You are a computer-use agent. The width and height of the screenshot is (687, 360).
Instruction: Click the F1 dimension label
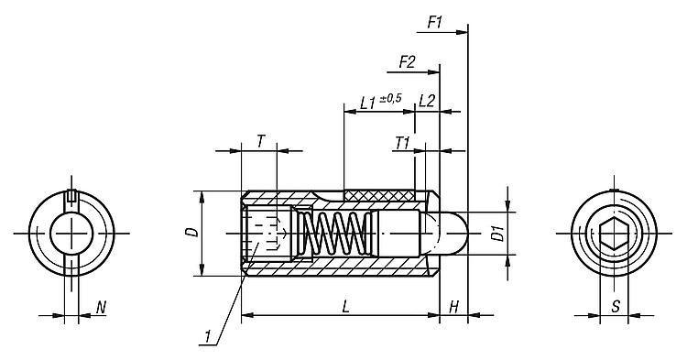pyautogui.click(x=435, y=22)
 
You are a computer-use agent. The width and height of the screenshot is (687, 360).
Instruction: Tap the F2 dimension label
pyautogui.click(x=407, y=62)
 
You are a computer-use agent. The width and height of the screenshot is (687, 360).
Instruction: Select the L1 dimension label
pyautogui.click(x=368, y=104)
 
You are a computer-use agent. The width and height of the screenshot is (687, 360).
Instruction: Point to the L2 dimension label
pyautogui.click(x=427, y=101)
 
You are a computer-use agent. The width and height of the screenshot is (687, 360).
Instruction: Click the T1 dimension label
pyautogui.click(x=402, y=143)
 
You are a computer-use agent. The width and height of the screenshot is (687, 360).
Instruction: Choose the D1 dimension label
pyautogui.click(x=497, y=233)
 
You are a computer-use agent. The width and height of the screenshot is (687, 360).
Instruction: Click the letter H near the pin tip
pyautogui.click(x=454, y=307)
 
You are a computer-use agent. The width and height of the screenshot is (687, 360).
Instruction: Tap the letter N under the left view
pyautogui.click(x=101, y=308)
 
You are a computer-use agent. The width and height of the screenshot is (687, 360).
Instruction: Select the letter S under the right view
pyautogui.click(x=616, y=307)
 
